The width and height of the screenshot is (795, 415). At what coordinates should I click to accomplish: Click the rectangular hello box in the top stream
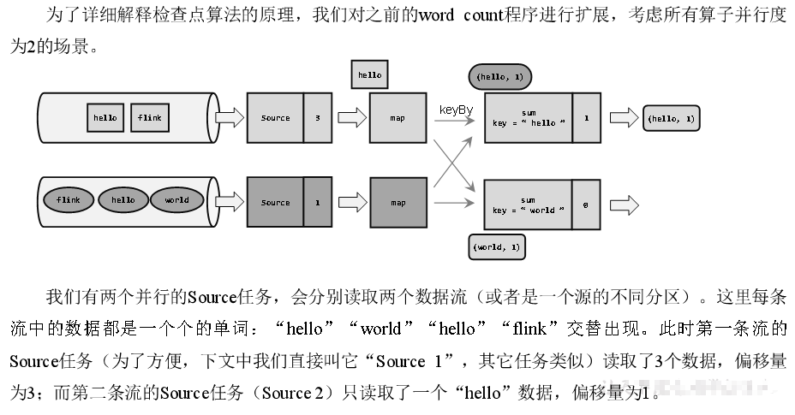tap(105, 117)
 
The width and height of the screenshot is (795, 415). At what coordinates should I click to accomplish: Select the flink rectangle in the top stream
tap(149, 117)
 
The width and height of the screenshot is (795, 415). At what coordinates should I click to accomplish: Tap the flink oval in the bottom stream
tap(69, 200)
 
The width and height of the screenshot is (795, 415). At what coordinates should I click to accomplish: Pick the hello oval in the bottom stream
tap(123, 200)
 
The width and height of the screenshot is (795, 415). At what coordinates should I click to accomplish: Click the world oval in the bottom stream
tap(176, 200)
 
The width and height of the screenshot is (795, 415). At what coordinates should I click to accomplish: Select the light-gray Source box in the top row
tap(275, 118)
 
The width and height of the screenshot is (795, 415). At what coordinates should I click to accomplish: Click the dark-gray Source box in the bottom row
tap(275, 203)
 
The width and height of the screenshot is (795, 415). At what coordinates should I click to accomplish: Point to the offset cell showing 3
tap(317, 118)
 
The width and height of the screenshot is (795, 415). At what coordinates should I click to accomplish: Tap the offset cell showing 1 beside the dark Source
tap(317, 203)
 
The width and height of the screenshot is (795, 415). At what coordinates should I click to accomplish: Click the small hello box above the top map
tap(370, 75)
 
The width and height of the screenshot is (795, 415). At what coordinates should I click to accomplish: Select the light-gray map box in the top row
tap(397, 118)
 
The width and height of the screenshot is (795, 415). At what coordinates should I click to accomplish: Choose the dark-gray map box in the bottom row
tap(397, 203)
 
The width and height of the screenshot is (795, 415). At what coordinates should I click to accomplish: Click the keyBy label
tap(456, 110)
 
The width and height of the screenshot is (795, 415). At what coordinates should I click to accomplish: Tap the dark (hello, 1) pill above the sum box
tap(499, 77)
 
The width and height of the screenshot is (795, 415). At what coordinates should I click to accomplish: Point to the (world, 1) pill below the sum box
tap(498, 247)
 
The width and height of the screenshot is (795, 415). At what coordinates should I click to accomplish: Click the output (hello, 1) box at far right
tap(672, 118)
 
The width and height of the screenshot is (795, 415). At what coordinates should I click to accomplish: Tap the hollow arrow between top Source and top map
tap(350, 118)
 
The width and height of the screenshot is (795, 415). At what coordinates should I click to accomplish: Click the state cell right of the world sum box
tap(585, 205)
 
